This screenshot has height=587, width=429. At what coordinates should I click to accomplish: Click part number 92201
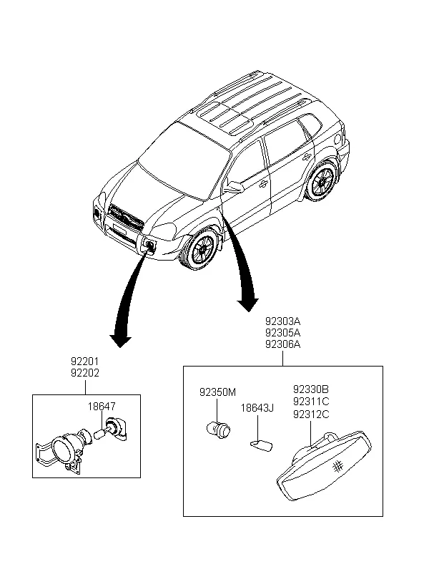(x=85, y=362)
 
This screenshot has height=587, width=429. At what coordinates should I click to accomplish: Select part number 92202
(x=85, y=373)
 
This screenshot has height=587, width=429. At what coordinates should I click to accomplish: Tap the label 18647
(x=102, y=407)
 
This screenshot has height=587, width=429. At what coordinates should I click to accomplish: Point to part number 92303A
(x=282, y=321)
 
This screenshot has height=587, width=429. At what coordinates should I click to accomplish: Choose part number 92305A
(x=282, y=333)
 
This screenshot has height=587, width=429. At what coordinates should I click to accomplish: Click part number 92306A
(x=282, y=344)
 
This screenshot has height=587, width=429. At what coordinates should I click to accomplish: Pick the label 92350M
(x=217, y=392)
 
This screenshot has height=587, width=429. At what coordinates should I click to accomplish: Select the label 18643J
(x=257, y=408)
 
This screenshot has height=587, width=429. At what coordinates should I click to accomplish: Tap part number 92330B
(x=311, y=389)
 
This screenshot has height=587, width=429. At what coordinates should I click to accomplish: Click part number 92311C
(x=311, y=402)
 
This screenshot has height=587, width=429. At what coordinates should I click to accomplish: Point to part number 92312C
(x=311, y=414)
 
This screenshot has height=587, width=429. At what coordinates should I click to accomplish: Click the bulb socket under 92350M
(x=219, y=430)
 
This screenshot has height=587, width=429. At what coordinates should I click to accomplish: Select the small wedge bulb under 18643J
(x=262, y=445)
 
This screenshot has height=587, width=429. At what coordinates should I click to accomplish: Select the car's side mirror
(x=234, y=186)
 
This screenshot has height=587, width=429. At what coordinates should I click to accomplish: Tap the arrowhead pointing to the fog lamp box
(x=120, y=341)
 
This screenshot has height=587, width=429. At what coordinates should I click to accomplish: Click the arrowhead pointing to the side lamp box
(x=248, y=304)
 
